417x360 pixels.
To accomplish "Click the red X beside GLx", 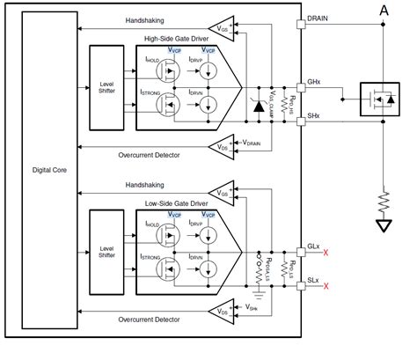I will [327, 253].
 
